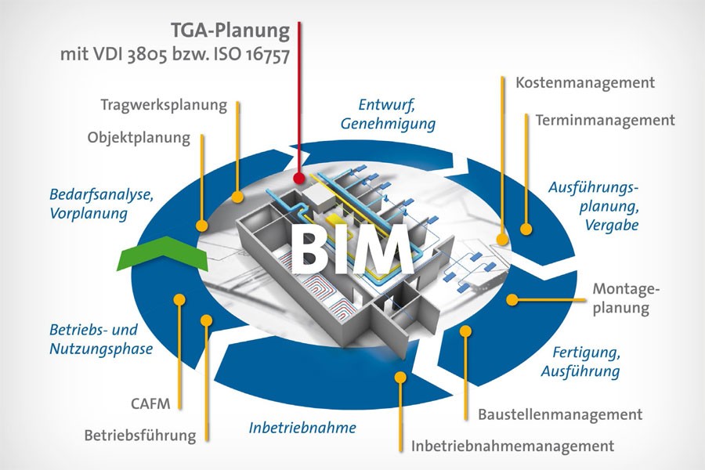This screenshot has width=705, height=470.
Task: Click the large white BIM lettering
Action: [352, 248]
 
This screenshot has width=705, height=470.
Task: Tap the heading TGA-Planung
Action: [231, 32]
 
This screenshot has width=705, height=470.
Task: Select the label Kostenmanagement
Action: [585, 82]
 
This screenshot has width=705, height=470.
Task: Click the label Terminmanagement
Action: [605, 121]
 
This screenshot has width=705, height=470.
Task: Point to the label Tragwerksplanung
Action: [164, 104]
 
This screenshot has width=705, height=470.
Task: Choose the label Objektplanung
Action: [139, 138]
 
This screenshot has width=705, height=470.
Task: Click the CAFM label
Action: [146, 405]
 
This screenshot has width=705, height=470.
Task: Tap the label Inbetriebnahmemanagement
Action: [512, 446]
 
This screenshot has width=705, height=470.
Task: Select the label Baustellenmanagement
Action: [555, 414]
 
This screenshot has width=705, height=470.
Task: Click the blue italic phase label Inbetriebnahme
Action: [302, 428]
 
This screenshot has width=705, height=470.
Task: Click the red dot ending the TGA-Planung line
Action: [299, 179]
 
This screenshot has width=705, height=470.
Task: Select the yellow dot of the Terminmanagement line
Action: [526, 230]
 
